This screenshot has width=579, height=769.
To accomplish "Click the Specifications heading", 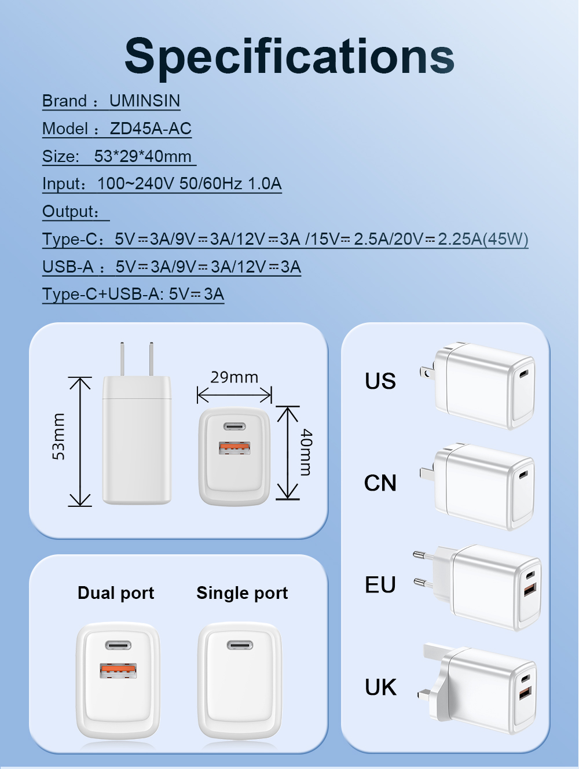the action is [289, 57].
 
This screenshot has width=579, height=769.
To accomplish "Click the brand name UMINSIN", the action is [145, 101].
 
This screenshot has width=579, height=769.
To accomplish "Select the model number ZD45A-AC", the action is [151, 128].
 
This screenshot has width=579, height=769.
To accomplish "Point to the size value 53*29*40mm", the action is [142, 156].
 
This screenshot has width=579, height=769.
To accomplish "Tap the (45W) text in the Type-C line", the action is [505, 239].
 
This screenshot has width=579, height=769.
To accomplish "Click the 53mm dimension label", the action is [58, 436].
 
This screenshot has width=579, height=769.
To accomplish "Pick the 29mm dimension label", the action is [234, 377].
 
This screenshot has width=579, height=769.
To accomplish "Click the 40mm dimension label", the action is [306, 452].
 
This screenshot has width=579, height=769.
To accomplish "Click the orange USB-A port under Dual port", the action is [118, 670].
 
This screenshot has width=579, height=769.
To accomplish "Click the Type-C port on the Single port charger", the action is [240, 645].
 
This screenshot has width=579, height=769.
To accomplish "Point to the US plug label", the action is [380, 381].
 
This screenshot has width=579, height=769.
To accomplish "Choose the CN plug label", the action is [380, 483].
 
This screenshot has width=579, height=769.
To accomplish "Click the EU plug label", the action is [380, 585].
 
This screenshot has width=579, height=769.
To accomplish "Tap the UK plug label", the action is [380, 687].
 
